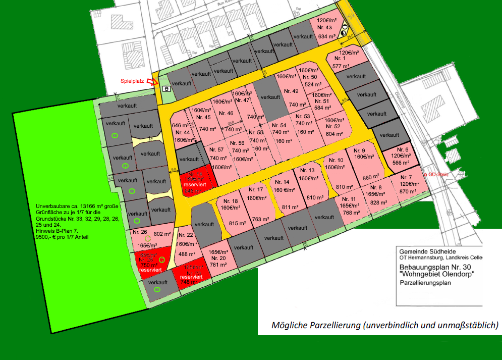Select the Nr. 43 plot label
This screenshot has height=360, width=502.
tap(325, 27)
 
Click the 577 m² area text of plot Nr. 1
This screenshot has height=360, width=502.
tap(342, 66)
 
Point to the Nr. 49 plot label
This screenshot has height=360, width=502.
tap(292, 91)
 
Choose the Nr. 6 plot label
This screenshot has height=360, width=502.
tap(403, 149)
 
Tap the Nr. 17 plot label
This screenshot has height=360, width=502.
tap(257, 190)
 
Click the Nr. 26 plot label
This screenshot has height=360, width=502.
tap(140, 233)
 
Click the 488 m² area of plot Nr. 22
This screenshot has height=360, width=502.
tap(187, 254)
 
